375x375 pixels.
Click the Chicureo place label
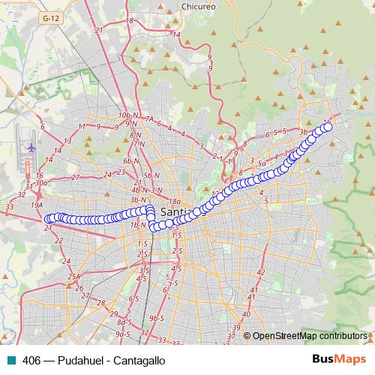(x=199, y=6)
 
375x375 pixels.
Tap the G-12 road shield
(x=51, y=16)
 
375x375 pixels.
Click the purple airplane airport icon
(x=31, y=147)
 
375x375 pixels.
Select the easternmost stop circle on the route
(x=327, y=127)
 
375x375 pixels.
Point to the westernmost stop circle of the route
(x=48, y=219)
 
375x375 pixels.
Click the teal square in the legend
(x=10, y=360)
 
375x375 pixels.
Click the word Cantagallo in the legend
(x=138, y=360)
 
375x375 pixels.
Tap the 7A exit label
(x=150, y=118)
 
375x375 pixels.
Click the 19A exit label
(x=36, y=204)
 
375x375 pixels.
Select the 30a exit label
(x=40, y=182)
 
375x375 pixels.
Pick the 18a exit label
(x=175, y=201)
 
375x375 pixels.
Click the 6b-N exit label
(x=132, y=161)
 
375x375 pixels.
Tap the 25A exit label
(x=73, y=277)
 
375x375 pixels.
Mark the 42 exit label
(x=261, y=271)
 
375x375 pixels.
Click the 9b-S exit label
(x=156, y=318)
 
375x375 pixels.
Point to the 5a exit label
(x=261, y=163)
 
